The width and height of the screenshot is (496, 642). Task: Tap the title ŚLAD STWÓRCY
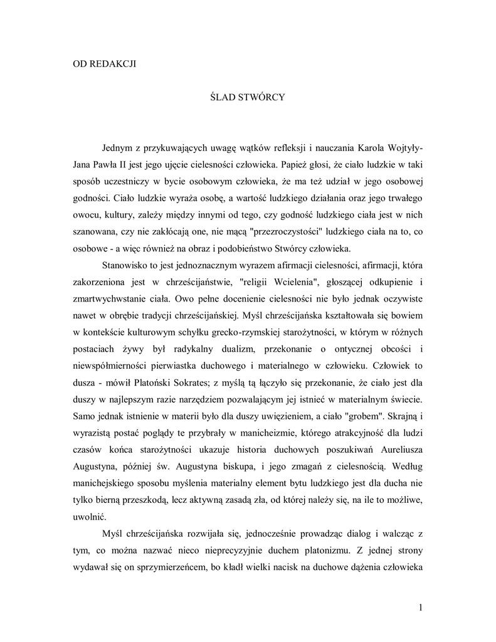point(247,98)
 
